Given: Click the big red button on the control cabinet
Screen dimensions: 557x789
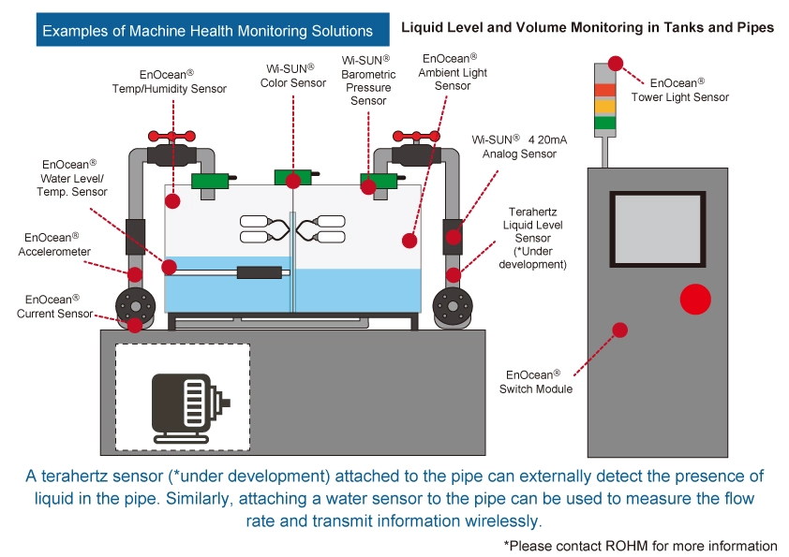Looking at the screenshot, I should pos(695,299).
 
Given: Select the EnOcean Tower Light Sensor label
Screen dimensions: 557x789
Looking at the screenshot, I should pos(679,90).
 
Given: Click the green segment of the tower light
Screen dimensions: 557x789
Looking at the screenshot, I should pos(604,123).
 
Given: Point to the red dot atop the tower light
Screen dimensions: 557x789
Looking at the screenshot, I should pos(615,64).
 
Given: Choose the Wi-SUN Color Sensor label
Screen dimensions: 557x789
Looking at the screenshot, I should pos(293,76).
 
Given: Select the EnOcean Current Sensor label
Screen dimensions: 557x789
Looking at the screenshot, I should pos(54,306).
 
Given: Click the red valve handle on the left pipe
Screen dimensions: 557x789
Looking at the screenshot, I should pos(171,136).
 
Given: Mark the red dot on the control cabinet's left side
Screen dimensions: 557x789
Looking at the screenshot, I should pos(618,330).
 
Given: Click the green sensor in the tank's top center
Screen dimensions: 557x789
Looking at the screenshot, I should pos(293,178).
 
